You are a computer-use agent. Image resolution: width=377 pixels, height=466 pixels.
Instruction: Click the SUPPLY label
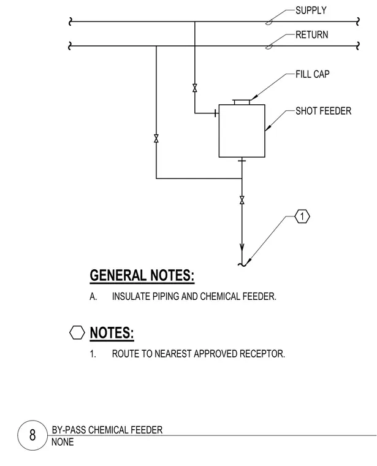pos(311,10)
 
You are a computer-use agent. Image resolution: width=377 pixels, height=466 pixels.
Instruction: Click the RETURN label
pos(311,35)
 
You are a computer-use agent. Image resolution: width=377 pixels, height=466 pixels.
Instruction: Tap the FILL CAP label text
pos(312,74)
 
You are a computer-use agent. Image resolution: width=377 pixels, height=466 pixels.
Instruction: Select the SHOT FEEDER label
pos(323,111)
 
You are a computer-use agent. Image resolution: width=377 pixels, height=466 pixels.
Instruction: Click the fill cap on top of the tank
pos(242,102)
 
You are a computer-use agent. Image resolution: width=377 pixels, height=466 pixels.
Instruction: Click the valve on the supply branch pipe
pos(194,88)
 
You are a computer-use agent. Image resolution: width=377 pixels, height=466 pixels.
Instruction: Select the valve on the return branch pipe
pos(156,139)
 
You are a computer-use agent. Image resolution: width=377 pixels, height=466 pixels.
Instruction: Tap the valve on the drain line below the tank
pos(242,201)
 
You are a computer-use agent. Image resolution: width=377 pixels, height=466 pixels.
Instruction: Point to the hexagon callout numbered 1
pos(302,216)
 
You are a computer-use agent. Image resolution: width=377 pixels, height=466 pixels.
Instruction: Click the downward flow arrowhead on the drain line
pos(242,248)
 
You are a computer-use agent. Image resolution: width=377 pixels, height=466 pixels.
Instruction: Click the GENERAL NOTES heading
pos(142,275)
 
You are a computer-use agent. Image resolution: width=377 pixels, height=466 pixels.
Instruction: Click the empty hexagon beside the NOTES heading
pos(77,332)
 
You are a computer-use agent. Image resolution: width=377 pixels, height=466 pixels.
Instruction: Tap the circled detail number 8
pos(32,435)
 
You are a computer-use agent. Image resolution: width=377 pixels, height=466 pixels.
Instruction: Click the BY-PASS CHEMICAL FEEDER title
pos(107,430)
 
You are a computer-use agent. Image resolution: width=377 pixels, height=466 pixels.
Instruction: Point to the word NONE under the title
pos(63,442)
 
